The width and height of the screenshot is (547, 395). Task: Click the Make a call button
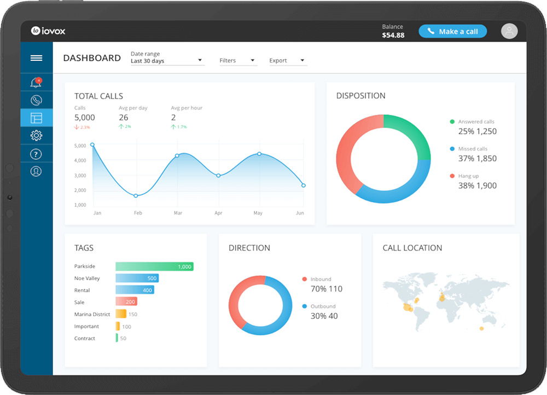tap(452, 31)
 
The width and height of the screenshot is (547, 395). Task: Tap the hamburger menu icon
tap(37, 58)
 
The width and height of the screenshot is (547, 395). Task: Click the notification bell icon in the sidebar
tap(37, 83)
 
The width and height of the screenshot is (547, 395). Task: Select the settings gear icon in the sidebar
tap(37, 136)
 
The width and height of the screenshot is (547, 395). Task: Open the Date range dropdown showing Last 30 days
tap(167, 61)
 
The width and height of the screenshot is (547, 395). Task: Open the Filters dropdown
tap(237, 61)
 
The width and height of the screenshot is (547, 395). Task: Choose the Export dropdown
tap(287, 61)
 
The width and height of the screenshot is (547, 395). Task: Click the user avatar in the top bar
tap(509, 31)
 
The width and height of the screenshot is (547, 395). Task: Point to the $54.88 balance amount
tap(393, 35)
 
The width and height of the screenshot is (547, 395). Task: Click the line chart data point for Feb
tap(136, 195)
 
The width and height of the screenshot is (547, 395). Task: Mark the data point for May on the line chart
tap(259, 154)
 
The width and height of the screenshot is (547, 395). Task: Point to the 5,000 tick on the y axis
tap(80, 146)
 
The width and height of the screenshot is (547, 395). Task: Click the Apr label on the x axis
tap(218, 213)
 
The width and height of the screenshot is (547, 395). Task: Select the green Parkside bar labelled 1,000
tap(154, 266)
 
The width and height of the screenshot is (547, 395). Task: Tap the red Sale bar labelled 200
tap(126, 301)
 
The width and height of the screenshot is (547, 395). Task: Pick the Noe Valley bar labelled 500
tap(137, 278)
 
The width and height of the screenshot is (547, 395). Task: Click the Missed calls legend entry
tap(473, 149)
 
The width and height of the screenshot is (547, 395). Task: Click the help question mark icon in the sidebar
tap(37, 154)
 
